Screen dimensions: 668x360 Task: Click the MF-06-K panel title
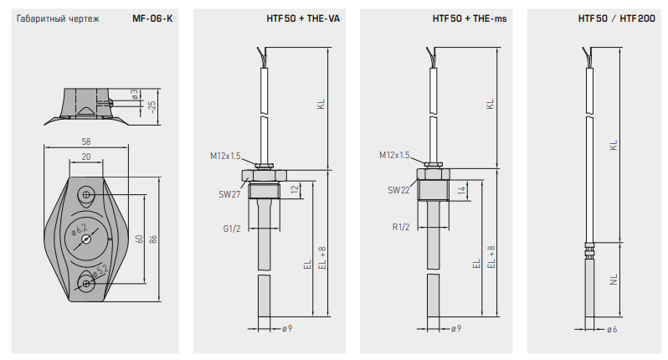pyautogui.click(x=152, y=18)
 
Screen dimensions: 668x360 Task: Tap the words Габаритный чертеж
pyautogui.click(x=58, y=18)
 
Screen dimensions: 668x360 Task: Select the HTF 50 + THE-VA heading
pyautogui.click(x=303, y=18)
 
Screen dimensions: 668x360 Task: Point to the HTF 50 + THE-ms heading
pyautogui.click(x=470, y=18)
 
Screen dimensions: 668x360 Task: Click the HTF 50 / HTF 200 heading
pyautogui.click(x=616, y=18)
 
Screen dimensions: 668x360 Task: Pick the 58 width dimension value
pyautogui.click(x=86, y=141)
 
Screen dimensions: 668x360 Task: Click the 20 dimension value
pyautogui.click(x=86, y=157)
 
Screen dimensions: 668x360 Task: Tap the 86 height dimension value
pyautogui.click(x=153, y=239)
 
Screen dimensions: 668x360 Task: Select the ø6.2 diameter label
pyautogui.click(x=80, y=229)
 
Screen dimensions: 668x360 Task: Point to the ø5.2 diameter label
pyautogui.click(x=100, y=271)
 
